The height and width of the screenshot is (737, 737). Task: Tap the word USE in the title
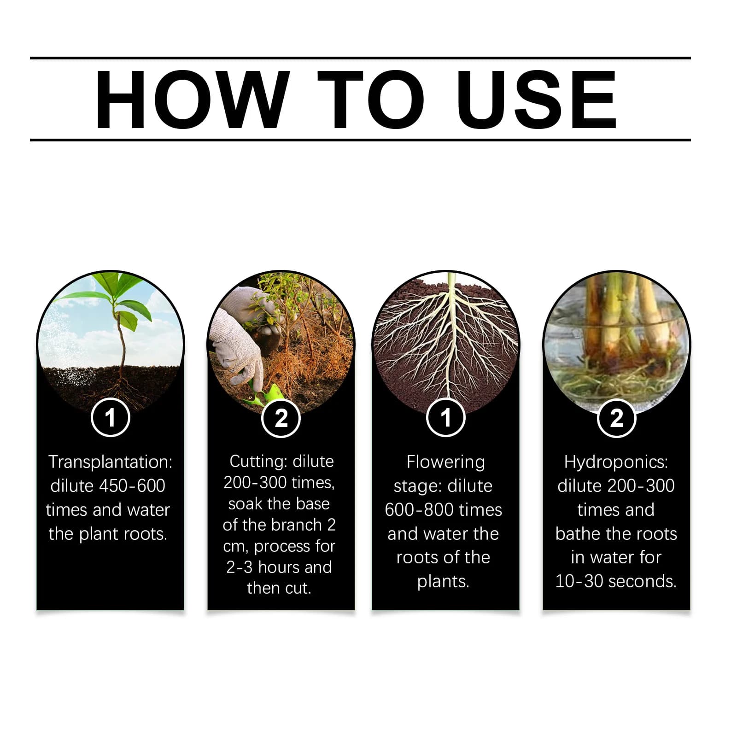click(536, 99)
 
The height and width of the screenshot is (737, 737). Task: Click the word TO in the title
click(371, 99)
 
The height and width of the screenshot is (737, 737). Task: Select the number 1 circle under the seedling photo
click(110, 418)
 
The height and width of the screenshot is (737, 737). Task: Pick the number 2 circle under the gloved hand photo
click(281, 418)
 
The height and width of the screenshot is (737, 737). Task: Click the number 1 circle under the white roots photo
click(445, 418)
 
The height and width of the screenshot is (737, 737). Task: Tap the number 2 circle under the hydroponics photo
click(616, 418)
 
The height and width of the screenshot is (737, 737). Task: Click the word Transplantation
click(110, 462)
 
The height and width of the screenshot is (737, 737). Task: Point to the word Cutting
click(258, 462)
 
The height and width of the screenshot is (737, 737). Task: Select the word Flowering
click(445, 462)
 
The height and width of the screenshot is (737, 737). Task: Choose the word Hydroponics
click(616, 462)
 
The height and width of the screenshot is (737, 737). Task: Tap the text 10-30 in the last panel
click(579, 581)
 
